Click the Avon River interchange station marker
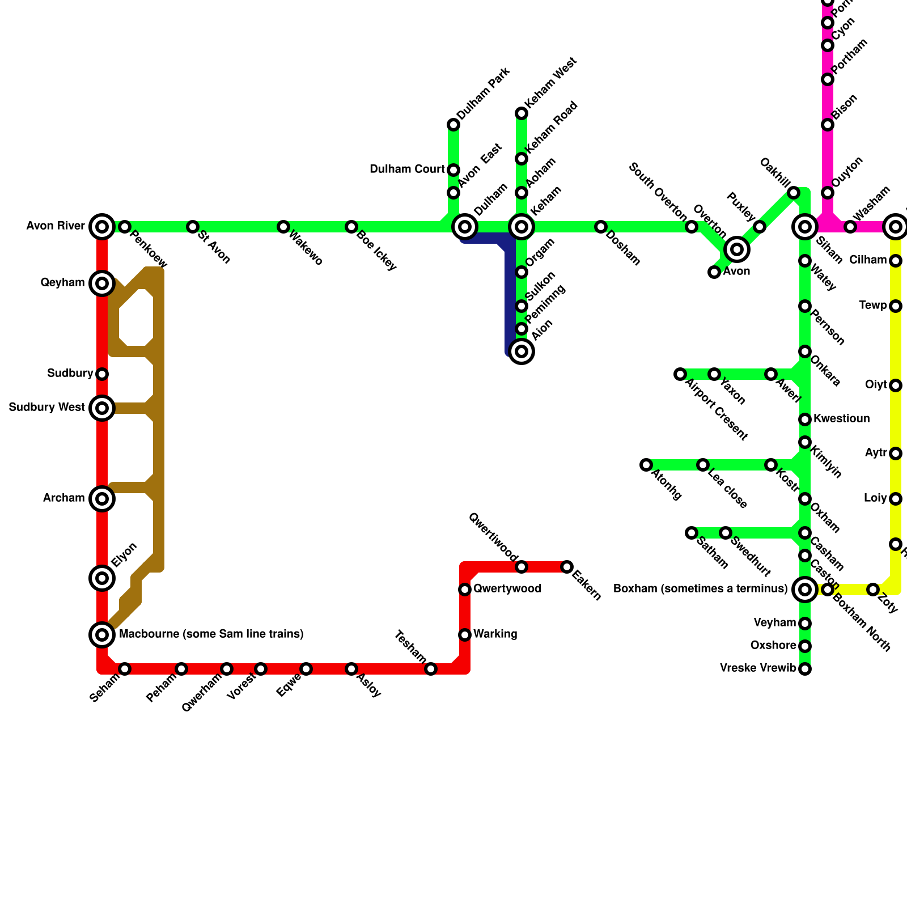[x=102, y=227]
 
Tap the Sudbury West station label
[x=46, y=408]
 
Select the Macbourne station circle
[x=102, y=635]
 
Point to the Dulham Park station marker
[x=453, y=125]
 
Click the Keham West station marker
[x=522, y=113]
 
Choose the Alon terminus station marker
[x=522, y=351]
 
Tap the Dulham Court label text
[x=407, y=169]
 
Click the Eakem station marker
[x=567, y=567]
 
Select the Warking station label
[x=495, y=634]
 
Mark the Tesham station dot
[x=431, y=669]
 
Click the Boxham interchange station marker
[x=805, y=590]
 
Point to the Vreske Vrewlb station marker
[x=805, y=669]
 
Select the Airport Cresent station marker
[x=680, y=374]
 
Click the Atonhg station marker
[x=646, y=465]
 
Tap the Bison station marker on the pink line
[x=828, y=125]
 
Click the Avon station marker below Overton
[x=714, y=272]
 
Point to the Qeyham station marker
[x=102, y=283]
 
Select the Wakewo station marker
[x=283, y=227]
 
